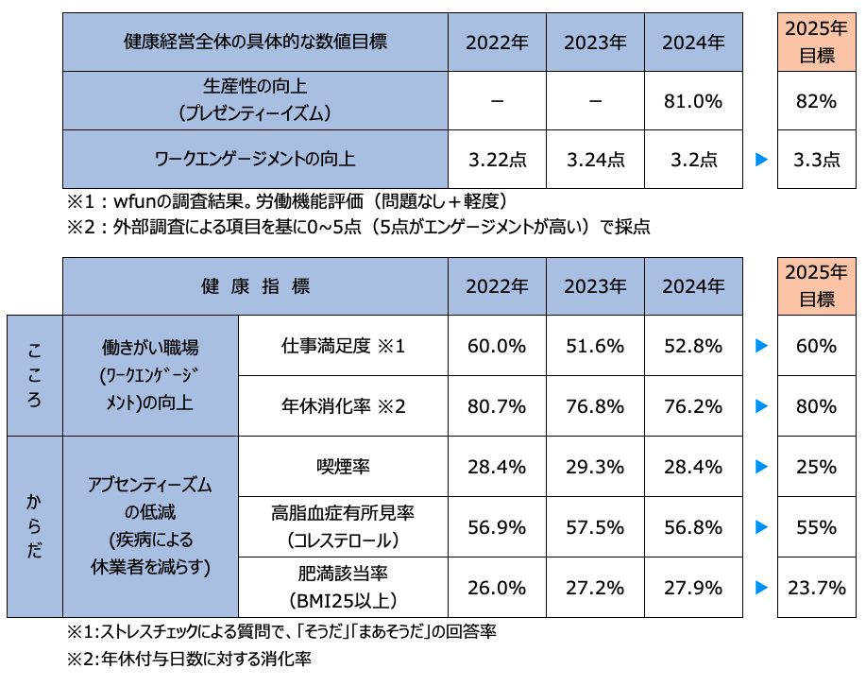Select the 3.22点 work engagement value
498,160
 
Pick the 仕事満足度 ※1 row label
343,346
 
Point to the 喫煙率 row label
343,467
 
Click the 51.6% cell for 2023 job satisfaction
595,346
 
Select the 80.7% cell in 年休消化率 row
498,406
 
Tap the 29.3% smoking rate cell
595,467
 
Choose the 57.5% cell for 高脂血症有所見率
595,527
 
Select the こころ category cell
35,376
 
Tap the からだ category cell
35,527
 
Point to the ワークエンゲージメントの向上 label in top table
255,160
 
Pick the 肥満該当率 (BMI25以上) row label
343,588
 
